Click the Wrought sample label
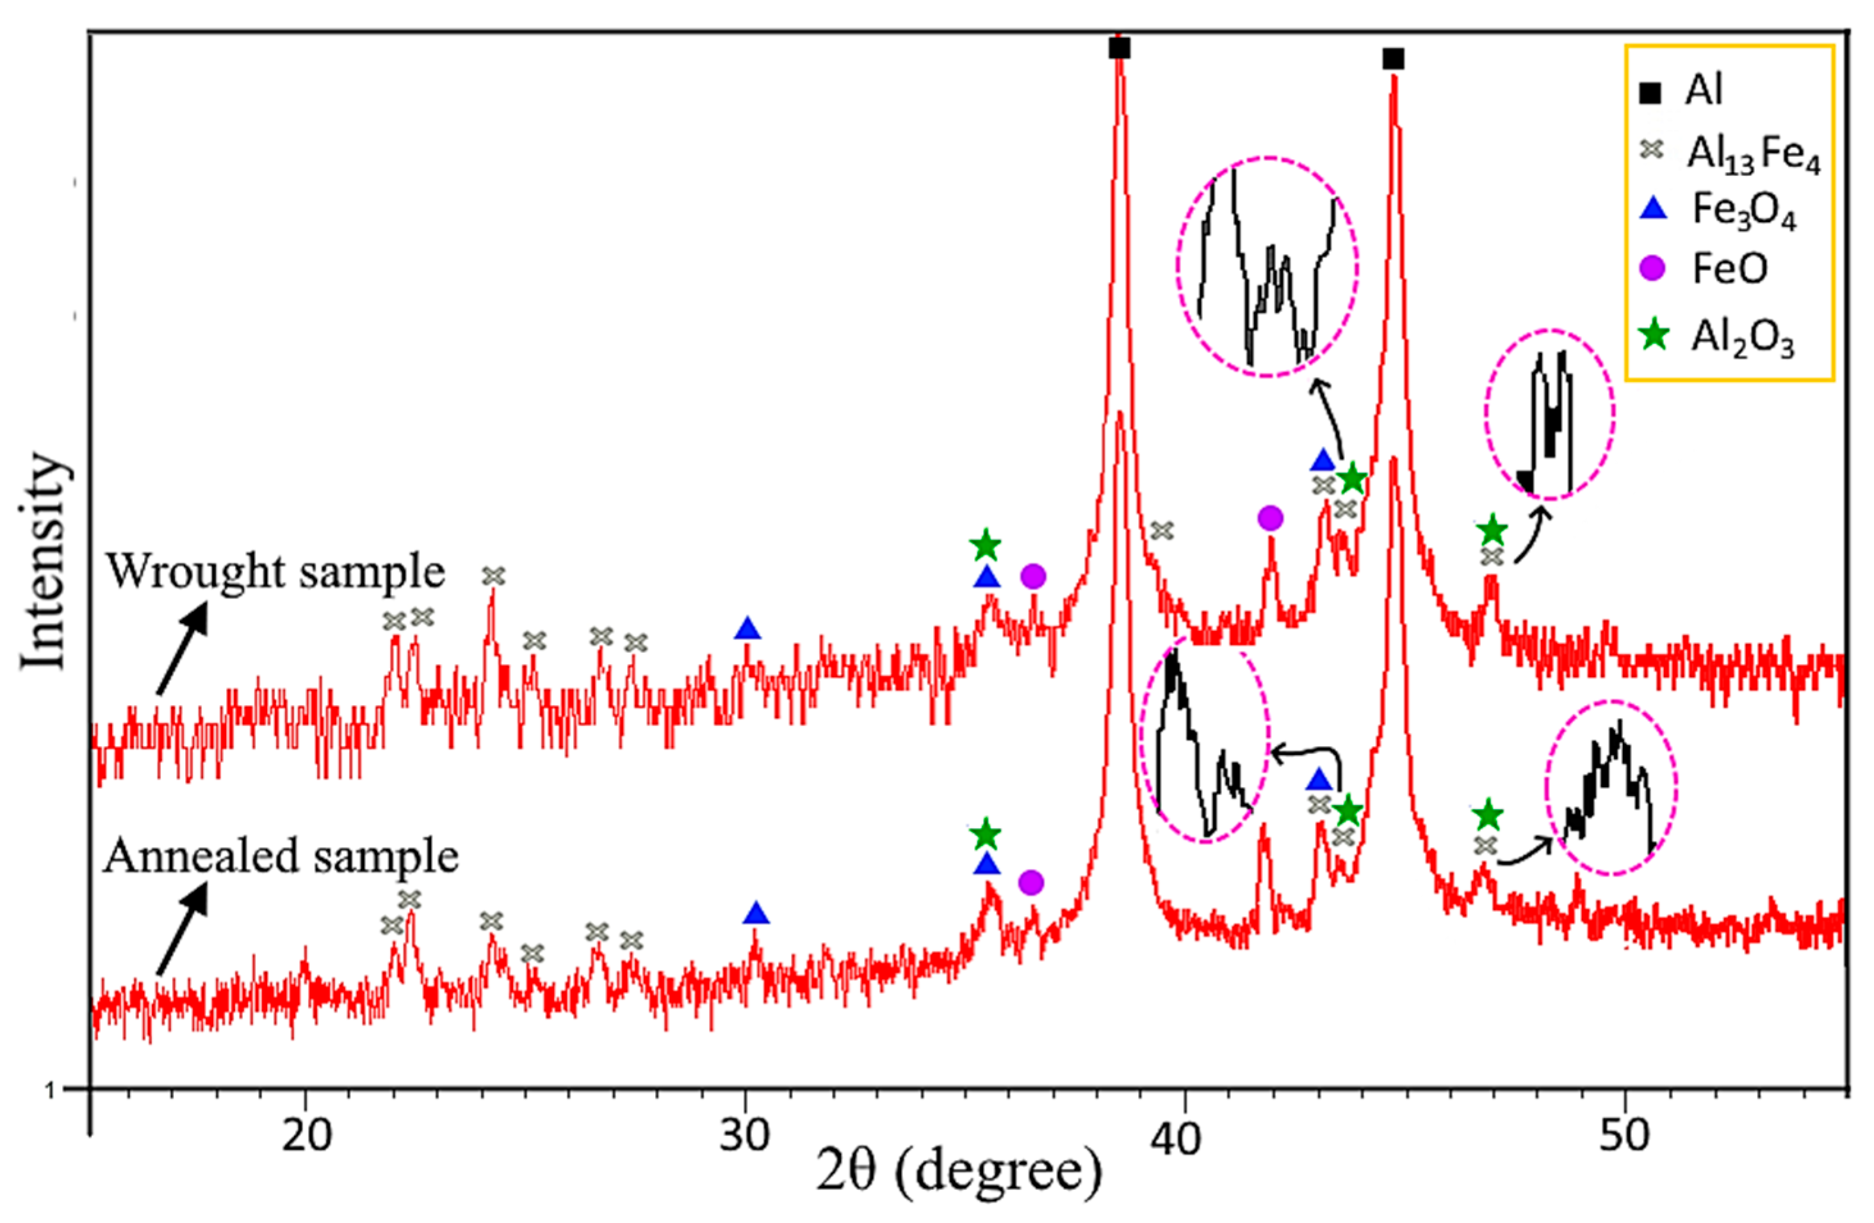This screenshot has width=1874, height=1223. point(275,571)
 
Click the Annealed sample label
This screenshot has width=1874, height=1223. point(281,856)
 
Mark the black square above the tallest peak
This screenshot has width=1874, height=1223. point(1119,49)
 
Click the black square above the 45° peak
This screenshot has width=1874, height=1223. point(1393,59)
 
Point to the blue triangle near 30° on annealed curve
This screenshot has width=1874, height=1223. point(756,913)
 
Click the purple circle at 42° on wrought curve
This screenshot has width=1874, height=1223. point(1270,518)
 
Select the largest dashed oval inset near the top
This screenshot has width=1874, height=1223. point(1267,266)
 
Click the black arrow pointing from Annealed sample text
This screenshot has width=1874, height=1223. point(182,929)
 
